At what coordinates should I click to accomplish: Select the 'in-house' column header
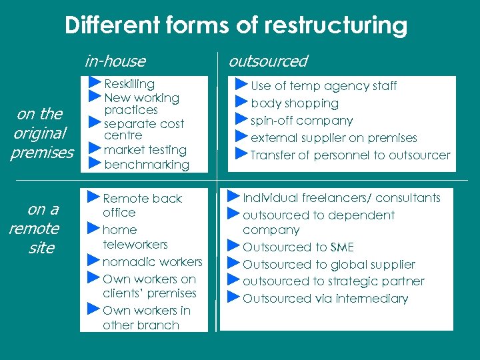(x=115, y=61)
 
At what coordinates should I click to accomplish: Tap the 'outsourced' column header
(x=268, y=61)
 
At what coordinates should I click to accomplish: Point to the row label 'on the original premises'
(x=42, y=133)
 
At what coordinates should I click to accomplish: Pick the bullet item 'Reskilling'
(x=129, y=84)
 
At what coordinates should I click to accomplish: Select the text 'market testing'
(x=145, y=150)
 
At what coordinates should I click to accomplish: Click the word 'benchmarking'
(x=147, y=164)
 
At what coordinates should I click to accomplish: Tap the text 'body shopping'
(x=295, y=103)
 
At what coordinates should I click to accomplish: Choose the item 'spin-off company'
(x=301, y=121)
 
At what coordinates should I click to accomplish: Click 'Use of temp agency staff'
(x=323, y=86)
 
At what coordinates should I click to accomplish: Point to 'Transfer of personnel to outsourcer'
(x=351, y=155)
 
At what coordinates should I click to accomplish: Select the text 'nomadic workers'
(x=152, y=262)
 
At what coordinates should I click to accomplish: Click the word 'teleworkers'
(x=135, y=245)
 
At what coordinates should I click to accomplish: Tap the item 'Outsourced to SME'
(x=298, y=247)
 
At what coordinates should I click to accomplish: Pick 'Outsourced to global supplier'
(x=329, y=265)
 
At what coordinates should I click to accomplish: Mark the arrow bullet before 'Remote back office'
(x=94, y=197)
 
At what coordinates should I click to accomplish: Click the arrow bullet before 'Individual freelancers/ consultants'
(x=234, y=197)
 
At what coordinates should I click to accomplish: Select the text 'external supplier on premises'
(x=333, y=138)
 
